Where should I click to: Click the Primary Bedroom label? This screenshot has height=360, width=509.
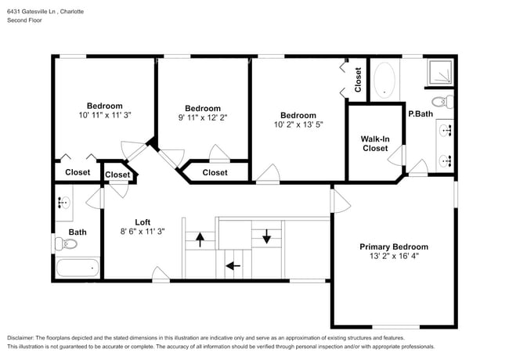click(394, 247)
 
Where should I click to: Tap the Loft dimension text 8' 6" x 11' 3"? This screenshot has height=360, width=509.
click(143, 231)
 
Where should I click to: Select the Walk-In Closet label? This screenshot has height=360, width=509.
click(375, 144)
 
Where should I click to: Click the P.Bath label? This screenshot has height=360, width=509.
click(421, 113)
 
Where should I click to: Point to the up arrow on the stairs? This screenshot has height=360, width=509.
click(200, 239)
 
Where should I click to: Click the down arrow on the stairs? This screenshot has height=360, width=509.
click(266, 236)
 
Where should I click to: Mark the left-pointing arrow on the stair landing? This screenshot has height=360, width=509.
click(233, 266)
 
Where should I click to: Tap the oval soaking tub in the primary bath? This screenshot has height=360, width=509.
click(384, 80)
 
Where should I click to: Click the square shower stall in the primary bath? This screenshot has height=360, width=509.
click(440, 73)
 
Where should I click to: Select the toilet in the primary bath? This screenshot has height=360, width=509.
click(442, 102)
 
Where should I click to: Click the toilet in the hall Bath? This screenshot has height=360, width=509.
click(66, 243)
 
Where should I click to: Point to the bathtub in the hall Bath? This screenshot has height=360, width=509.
click(78, 268)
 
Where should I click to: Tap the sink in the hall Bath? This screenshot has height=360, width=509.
click(64, 203)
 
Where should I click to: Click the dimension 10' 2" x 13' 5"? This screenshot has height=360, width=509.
click(298, 124)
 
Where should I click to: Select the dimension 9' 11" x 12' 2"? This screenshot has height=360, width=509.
click(203, 117)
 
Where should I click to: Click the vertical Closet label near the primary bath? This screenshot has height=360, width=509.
click(358, 80)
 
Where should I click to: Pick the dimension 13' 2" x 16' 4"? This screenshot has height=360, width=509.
click(394, 256)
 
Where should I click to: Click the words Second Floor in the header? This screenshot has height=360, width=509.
click(25, 20)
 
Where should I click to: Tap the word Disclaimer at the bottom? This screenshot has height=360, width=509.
click(20, 338)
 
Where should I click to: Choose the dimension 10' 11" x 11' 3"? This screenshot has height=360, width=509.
click(105, 115)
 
